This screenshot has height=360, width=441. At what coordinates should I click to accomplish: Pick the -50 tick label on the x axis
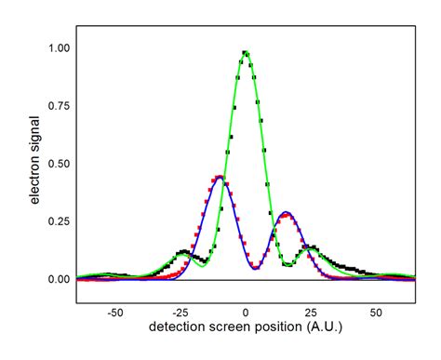(114, 314)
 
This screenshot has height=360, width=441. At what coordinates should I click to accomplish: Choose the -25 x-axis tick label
(180, 314)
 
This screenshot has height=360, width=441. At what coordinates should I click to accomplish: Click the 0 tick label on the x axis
(246, 314)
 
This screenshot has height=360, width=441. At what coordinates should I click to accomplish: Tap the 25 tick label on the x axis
(311, 314)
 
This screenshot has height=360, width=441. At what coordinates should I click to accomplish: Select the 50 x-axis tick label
(376, 314)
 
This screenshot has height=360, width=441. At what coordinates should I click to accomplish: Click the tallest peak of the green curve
(246, 52)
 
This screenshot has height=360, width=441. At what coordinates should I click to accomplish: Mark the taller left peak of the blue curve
(220, 177)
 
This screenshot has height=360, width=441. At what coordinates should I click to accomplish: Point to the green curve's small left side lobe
(184, 254)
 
